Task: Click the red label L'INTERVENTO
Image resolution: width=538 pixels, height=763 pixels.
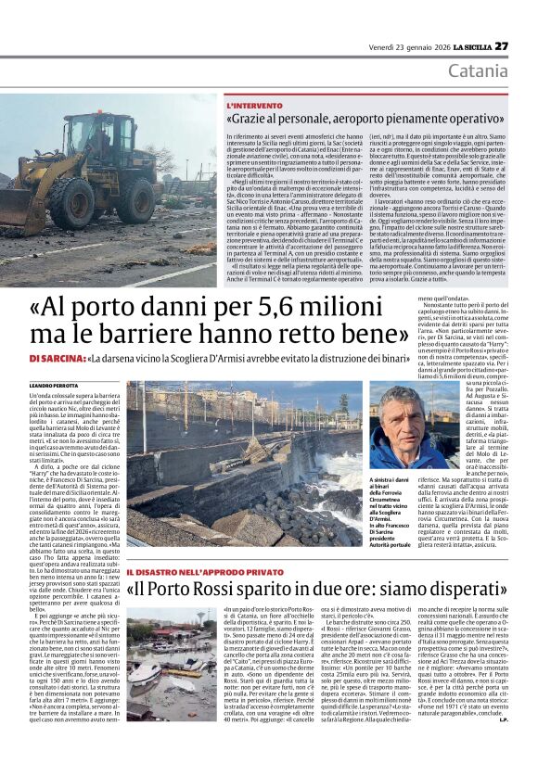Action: point(255,107)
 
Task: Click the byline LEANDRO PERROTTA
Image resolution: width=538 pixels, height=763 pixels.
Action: point(56,384)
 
